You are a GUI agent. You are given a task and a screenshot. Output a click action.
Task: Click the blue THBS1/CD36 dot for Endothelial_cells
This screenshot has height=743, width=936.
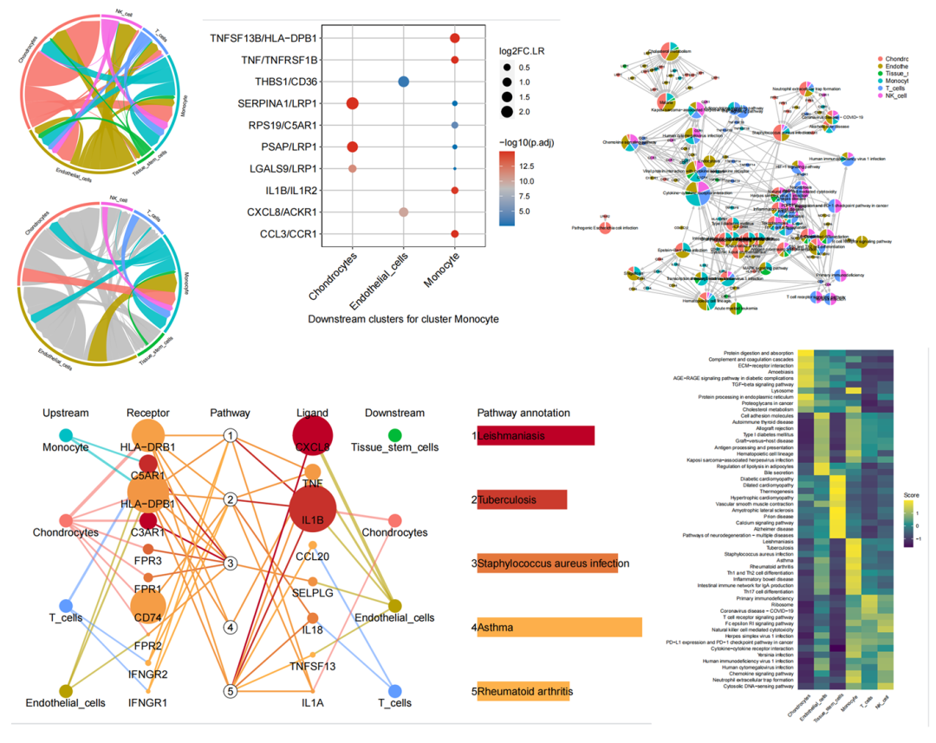point(403,81)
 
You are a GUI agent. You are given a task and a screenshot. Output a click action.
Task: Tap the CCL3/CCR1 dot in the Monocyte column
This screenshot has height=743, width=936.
point(455,234)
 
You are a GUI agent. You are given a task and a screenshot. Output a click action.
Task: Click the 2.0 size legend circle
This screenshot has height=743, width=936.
point(504,112)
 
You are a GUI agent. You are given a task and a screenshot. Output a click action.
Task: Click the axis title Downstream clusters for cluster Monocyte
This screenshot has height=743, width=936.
point(403,320)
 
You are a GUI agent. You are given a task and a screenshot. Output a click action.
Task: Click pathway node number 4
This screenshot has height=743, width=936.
point(230,627)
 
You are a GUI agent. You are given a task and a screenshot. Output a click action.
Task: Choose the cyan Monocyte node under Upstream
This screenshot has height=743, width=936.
point(66,433)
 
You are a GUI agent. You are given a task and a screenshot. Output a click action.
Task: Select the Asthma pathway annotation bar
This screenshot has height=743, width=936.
point(559,627)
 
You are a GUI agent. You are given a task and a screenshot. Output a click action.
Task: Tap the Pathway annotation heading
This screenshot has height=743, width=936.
point(523,413)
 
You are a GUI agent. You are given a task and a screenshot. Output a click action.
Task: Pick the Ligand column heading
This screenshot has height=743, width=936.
point(311,413)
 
